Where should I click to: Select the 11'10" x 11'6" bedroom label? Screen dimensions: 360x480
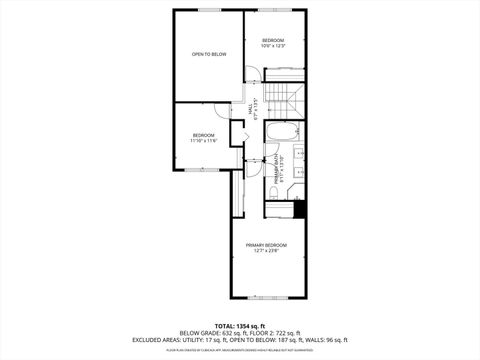pyautogui.click(x=204, y=137)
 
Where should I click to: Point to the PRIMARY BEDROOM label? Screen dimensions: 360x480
pyautogui.click(x=267, y=247)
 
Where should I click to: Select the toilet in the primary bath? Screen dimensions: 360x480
pyautogui.click(x=275, y=208)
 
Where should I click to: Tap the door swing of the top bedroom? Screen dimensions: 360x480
pyautogui.click(x=255, y=76)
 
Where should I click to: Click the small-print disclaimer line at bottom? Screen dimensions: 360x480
pyautogui.click(x=240, y=350)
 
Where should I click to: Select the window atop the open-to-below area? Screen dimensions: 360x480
pyautogui.click(x=208, y=10)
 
